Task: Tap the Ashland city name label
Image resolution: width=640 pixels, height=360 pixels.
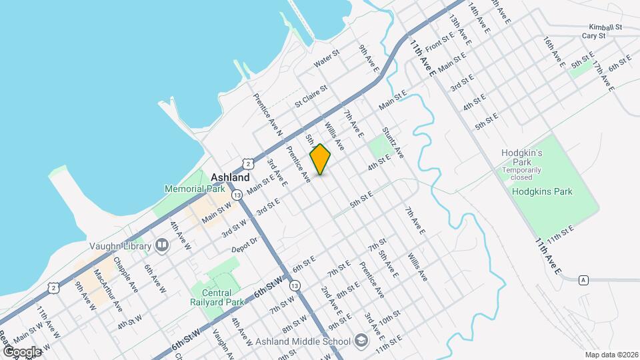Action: (230, 178)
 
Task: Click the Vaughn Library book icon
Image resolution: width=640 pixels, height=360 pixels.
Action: (161, 246)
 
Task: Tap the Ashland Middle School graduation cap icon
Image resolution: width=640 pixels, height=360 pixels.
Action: (361, 341)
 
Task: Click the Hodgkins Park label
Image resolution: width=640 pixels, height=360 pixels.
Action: (543, 192)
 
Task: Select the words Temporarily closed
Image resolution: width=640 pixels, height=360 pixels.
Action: (526, 173)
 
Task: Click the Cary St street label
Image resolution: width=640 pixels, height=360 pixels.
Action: (592, 36)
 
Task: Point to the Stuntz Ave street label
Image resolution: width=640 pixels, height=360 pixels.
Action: (393, 143)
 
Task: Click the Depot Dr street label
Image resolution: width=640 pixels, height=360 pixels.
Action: (244, 244)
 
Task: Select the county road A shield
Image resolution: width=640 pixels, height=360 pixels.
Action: (584, 279)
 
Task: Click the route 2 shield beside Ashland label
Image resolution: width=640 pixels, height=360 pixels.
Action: (248, 163)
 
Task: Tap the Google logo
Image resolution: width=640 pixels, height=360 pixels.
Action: (21, 351)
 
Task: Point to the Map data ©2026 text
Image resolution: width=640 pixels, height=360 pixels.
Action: (611, 355)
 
